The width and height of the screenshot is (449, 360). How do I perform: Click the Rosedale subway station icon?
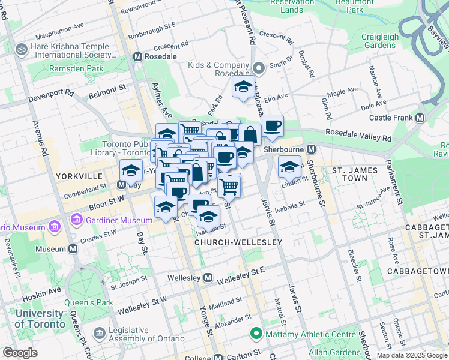pyautogui.click(x=139, y=56)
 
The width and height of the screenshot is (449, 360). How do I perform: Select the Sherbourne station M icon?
pyautogui.click(x=312, y=149)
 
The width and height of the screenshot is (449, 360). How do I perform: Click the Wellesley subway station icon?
pyautogui.click(x=208, y=278)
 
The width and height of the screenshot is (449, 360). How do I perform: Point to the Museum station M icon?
pyautogui.click(x=73, y=248)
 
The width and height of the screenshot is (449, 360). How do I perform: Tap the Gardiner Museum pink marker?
pyautogui.click(x=76, y=220)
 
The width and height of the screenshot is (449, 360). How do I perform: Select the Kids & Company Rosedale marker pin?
pyautogui.click(x=259, y=67)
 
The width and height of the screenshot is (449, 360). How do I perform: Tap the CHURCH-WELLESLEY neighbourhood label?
pyautogui.click(x=238, y=242)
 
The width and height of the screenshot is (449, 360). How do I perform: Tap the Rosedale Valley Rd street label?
pyautogui.click(x=358, y=135)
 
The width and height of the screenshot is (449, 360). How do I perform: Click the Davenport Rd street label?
pyautogui.click(x=52, y=95)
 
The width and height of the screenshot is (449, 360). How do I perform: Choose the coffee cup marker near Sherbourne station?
pyautogui.click(x=272, y=125)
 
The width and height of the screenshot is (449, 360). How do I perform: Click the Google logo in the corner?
pyautogui.click(x=20, y=353)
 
